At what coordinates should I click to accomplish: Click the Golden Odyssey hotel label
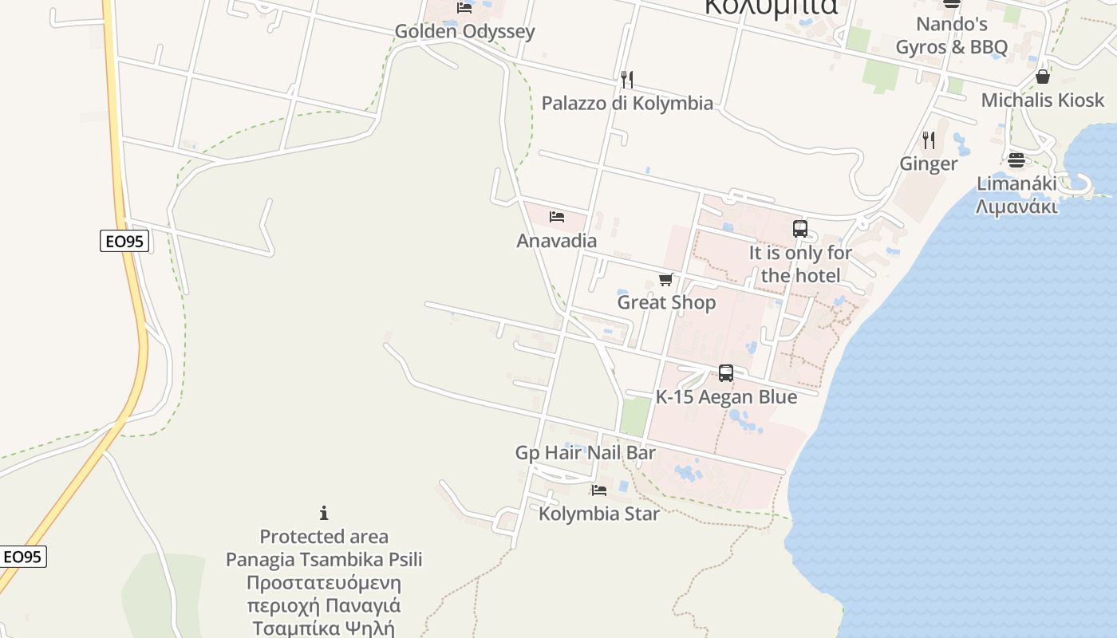(464, 32)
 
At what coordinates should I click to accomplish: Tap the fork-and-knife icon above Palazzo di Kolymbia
(627, 80)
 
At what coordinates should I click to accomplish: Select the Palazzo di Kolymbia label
(627, 103)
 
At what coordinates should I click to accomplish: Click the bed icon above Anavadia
(557, 217)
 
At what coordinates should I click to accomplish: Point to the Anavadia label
(557, 240)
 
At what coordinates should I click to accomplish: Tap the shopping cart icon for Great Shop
(666, 279)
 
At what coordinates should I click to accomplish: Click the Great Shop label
(666, 302)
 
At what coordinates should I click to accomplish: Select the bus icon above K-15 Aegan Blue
(726, 372)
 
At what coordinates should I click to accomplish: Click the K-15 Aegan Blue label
(726, 396)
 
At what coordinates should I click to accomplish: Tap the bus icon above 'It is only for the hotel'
(800, 229)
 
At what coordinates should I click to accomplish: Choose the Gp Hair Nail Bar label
(586, 453)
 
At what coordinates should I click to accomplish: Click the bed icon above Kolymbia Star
(599, 490)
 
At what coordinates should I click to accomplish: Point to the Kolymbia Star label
(599, 513)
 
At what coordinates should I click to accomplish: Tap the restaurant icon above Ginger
(929, 140)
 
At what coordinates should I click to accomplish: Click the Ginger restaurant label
(929, 163)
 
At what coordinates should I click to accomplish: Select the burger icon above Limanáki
(1016, 160)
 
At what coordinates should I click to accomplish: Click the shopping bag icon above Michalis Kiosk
(1042, 77)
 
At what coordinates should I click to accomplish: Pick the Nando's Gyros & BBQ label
(952, 36)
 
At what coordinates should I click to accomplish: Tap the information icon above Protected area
(324, 513)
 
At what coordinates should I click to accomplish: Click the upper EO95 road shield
(124, 241)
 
